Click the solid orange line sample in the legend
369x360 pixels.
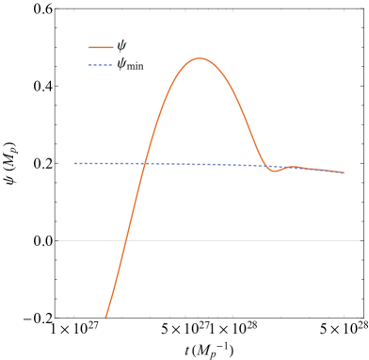(x=101, y=47)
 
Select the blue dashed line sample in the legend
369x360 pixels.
(x=101, y=65)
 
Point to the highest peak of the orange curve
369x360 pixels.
(x=200, y=58)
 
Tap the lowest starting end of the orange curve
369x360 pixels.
(x=105, y=317)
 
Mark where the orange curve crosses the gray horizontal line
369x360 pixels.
(x=125, y=240)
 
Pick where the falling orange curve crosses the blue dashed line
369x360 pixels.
(x=263, y=166)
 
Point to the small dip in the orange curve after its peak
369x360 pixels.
(x=275, y=172)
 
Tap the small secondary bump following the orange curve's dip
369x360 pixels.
(x=294, y=167)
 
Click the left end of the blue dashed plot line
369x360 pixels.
(x=74, y=163)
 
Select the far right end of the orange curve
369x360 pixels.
(x=344, y=172)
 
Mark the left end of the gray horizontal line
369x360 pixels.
(x=58, y=240)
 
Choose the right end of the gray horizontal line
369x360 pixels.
(x=360, y=240)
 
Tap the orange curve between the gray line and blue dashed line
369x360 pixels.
(x=134, y=203)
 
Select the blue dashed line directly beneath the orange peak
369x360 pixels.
(x=200, y=164)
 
